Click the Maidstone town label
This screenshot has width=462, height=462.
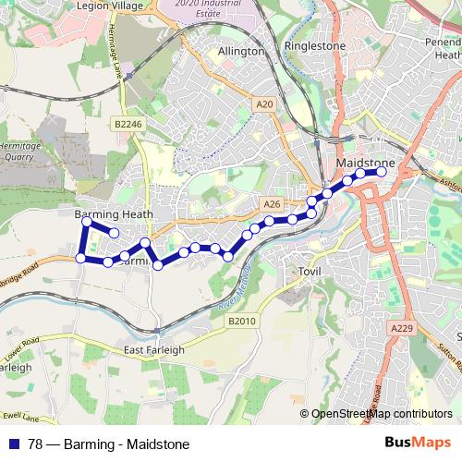(x=367, y=163)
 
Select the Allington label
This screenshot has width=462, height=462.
(x=241, y=52)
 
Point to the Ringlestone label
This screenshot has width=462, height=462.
(x=314, y=44)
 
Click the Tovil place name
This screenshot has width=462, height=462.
(x=308, y=272)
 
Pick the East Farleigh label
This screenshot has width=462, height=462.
(x=154, y=350)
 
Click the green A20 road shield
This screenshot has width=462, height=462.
(x=266, y=105)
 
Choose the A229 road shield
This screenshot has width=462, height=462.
(x=401, y=329)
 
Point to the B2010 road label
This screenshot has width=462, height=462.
(x=239, y=320)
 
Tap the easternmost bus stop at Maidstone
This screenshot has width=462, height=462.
(x=381, y=172)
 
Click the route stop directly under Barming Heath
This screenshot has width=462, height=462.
(x=87, y=222)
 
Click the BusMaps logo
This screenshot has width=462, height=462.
(x=420, y=444)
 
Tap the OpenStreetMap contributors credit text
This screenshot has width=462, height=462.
(x=382, y=414)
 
